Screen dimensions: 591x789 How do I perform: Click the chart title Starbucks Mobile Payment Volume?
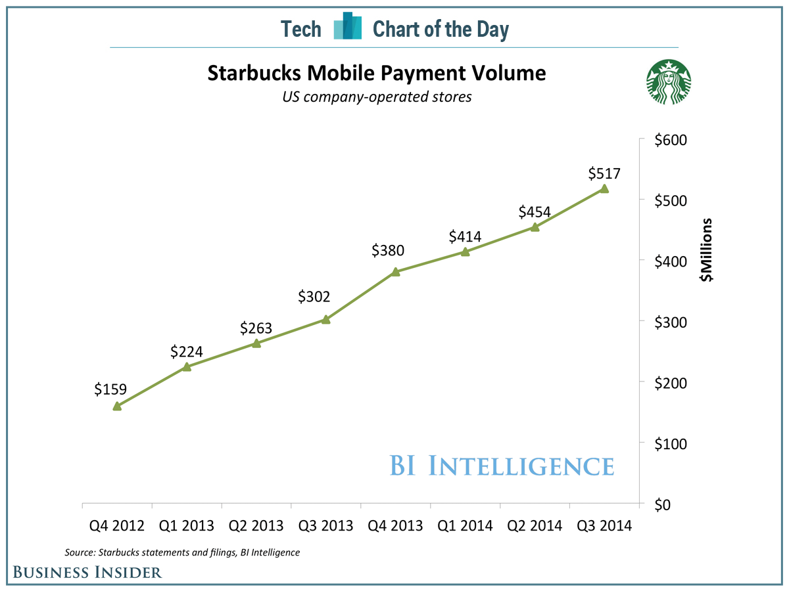coord(376,73)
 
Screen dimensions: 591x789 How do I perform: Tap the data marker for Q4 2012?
coord(117,406)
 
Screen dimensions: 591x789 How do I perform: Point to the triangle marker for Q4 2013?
coord(396,271)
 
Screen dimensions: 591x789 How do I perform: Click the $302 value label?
coord(314,297)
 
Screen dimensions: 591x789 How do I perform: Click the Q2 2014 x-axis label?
coord(535,526)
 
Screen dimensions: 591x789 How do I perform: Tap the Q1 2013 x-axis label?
coord(187,526)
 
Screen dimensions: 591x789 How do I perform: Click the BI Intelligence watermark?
coord(502,466)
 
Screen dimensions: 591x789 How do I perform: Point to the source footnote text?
coord(182,552)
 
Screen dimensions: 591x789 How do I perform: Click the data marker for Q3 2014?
coord(604,189)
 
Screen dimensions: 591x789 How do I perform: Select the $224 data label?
coord(187,352)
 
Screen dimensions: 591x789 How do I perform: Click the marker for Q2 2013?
coord(256,343)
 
